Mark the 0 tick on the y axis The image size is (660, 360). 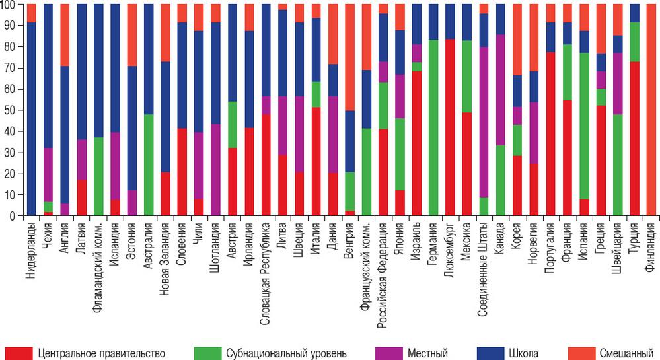click(x=14, y=216)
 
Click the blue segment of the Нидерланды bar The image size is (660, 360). click(x=31, y=119)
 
